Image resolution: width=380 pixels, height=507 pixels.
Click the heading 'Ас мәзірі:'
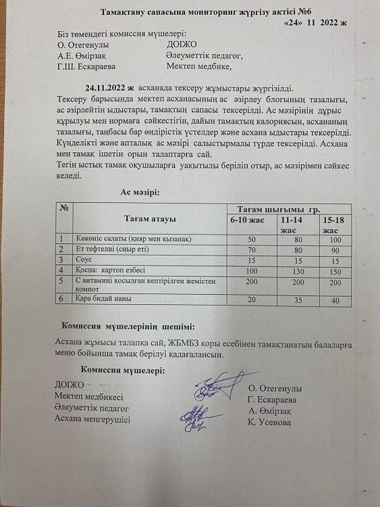point(140,193)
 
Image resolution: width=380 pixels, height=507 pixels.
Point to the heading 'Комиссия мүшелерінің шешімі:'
point(128,327)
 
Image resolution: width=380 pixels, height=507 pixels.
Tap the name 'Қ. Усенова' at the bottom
point(271,422)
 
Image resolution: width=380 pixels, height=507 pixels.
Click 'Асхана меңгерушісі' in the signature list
point(93,419)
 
